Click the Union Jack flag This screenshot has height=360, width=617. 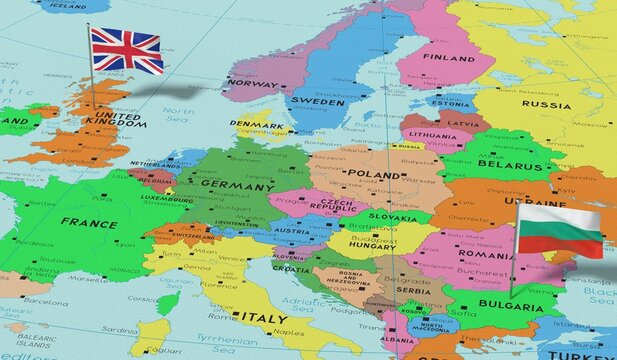(126, 50)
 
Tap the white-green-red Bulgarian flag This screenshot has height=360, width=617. (559, 231)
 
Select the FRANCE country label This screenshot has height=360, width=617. (89, 223)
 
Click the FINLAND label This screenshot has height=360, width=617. (448, 58)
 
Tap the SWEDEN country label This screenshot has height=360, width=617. (320, 102)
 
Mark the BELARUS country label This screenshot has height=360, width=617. (510, 164)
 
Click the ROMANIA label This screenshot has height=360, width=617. (487, 255)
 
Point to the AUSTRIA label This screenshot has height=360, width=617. (293, 230)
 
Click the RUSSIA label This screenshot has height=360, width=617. (546, 104)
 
